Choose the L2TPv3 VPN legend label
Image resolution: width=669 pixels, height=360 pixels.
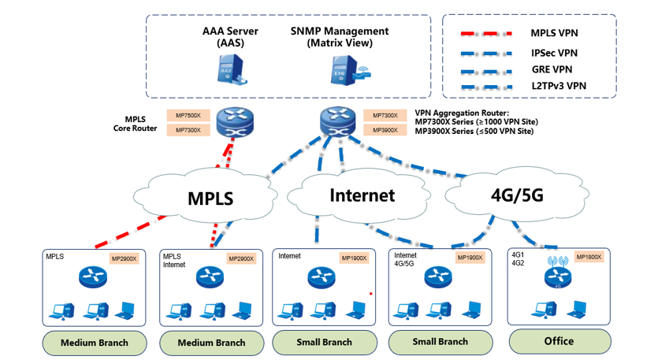point(559,85)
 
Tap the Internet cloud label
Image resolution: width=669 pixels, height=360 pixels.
point(362,195)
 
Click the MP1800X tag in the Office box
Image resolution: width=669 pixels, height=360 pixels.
point(588,257)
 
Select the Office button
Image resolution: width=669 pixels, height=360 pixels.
point(559,341)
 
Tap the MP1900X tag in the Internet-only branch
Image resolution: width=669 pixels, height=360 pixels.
point(355,258)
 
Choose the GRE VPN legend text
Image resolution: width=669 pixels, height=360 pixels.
point(553,69)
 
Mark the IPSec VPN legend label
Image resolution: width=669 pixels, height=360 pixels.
point(554,52)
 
